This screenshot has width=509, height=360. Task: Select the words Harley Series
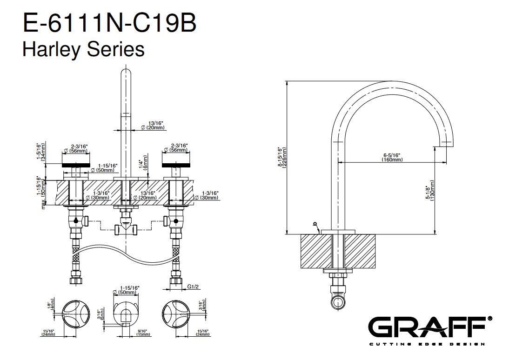pyautogui.click(x=84, y=48)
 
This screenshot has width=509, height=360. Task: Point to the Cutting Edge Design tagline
pyautogui.click(x=427, y=344)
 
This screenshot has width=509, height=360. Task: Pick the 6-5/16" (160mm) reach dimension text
pyautogui.click(x=391, y=157)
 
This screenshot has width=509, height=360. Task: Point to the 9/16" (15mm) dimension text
pyautogui.click(x=143, y=332)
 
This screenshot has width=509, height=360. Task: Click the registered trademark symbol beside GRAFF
pyautogui.click(x=489, y=319)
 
